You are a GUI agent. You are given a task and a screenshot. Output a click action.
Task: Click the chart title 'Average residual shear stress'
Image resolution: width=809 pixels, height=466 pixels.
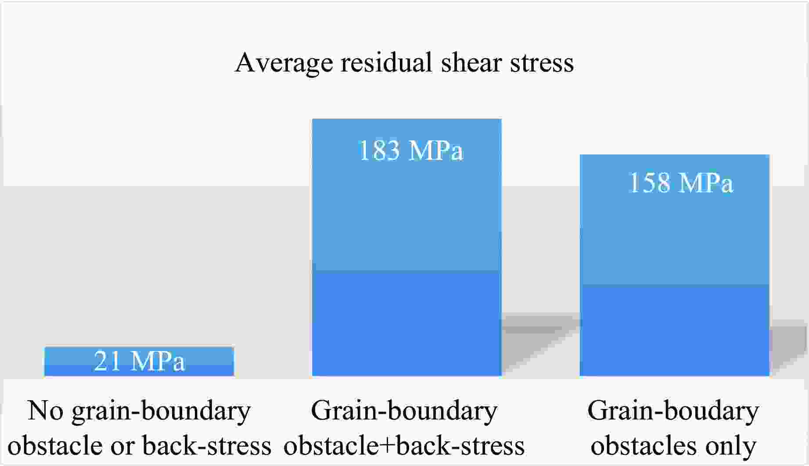click(x=404, y=62)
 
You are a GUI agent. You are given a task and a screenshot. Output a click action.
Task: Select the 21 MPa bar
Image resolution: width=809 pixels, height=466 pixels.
click(x=139, y=362)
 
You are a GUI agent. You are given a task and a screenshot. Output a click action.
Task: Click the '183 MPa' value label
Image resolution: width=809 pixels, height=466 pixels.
click(x=411, y=151)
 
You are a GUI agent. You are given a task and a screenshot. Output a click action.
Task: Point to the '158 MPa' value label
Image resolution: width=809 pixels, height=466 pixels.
click(x=680, y=183)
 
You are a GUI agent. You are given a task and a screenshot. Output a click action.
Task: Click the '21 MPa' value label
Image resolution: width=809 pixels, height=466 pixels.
click(x=139, y=362)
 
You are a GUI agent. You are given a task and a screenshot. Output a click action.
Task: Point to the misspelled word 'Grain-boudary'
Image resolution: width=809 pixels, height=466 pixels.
click(x=673, y=412)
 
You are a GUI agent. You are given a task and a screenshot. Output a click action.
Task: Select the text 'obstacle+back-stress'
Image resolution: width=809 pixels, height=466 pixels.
click(x=404, y=445)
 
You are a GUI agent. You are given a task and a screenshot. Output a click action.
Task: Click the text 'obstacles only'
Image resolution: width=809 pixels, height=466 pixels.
click(x=673, y=445)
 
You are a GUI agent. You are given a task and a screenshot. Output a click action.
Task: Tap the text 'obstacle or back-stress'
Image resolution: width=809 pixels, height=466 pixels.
click(x=139, y=445)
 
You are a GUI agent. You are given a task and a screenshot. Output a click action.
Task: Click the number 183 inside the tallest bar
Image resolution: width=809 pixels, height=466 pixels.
click(x=379, y=151)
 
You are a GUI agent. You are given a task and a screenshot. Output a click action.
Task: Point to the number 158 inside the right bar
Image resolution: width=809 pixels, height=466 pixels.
click(x=649, y=183)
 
